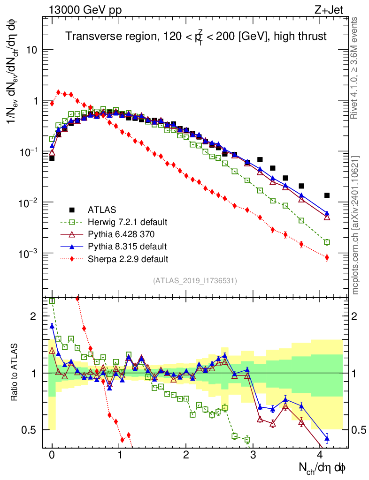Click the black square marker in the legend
72,210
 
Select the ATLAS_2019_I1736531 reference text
195,280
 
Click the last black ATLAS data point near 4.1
327,195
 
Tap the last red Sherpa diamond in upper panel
327,257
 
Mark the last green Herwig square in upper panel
327,242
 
